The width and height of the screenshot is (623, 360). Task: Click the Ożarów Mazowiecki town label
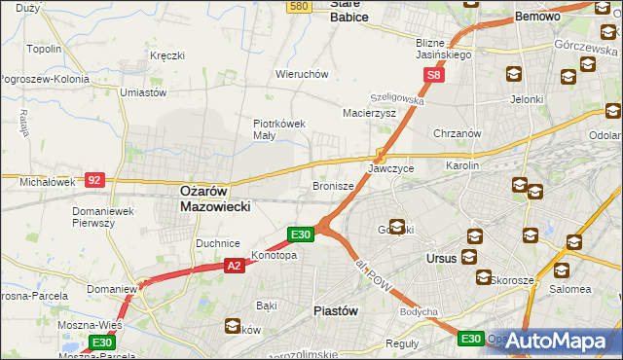click(216, 199)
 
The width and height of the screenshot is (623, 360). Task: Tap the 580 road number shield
click(300, 6)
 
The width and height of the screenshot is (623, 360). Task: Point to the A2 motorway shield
click(234, 264)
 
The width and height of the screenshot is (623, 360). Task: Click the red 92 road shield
click(94, 179)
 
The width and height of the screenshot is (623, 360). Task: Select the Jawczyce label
click(390, 168)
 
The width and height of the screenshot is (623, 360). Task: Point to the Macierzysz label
click(368, 113)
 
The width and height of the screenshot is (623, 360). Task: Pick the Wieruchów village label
click(301, 74)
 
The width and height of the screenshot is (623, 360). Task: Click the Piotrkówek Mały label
click(279, 129)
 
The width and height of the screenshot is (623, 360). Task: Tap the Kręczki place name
click(167, 55)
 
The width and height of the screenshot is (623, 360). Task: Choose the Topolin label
click(45, 49)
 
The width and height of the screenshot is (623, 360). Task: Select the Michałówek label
click(46, 182)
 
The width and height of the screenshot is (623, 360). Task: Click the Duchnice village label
click(218, 242)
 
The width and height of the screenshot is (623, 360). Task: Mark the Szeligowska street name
click(396, 99)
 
